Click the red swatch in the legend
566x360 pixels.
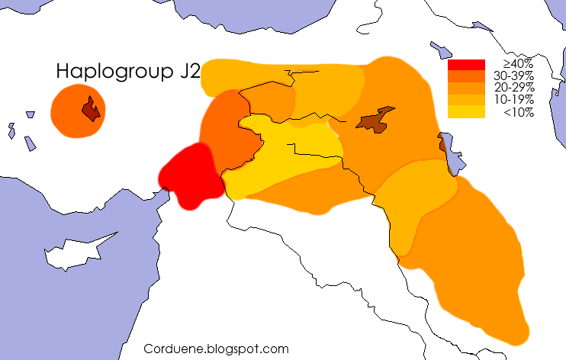click(466, 65)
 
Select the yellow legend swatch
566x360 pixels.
click(466, 112)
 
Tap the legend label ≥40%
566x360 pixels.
click(518, 64)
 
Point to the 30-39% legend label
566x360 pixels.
click(514, 76)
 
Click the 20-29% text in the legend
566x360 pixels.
click(514, 88)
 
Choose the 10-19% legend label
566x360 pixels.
click(514, 100)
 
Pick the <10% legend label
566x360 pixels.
click(519, 112)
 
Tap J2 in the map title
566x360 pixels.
click(190, 72)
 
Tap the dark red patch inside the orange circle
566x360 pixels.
click(91, 110)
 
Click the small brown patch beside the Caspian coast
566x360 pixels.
click(443, 143)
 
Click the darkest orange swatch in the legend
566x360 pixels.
click(466, 76)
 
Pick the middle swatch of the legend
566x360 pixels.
click(466, 88)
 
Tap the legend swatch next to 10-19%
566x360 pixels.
click(466, 100)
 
